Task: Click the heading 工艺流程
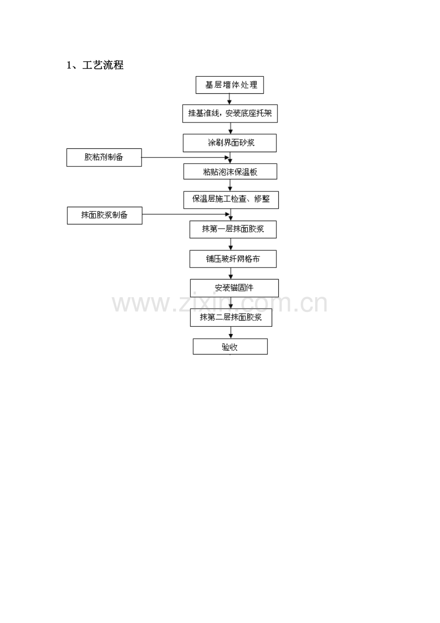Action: point(103,65)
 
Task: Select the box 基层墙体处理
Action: point(230,85)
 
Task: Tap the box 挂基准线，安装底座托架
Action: point(230,113)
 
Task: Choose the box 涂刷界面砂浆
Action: point(230,143)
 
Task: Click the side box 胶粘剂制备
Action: point(104,157)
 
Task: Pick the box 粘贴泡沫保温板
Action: point(230,171)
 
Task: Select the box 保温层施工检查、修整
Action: point(231,200)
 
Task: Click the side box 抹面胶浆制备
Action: point(105,215)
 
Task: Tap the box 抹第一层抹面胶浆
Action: point(233,230)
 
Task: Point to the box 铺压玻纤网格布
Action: point(233,259)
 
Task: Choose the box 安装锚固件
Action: point(234,288)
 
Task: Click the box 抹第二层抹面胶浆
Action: point(231,318)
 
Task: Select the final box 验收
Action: point(230,346)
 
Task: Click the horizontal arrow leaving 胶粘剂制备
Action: point(185,158)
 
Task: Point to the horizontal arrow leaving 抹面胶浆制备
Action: point(186,214)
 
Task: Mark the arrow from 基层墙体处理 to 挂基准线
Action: point(229,99)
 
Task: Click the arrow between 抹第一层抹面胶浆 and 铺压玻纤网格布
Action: point(231,244)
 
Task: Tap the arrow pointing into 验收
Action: point(231,333)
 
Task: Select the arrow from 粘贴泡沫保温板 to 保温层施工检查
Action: point(230,185)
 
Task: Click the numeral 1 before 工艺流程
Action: point(69,66)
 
